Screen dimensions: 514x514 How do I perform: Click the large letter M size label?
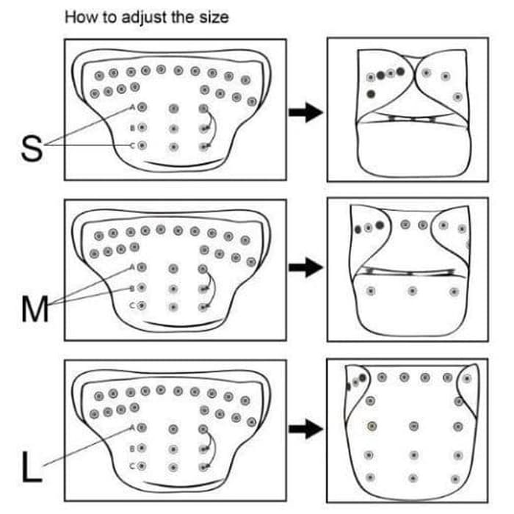click(x=32, y=309)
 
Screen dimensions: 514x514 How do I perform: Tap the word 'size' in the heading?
click(x=213, y=16)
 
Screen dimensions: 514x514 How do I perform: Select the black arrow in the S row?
click(x=305, y=112)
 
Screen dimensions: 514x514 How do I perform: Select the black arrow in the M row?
click(x=305, y=269)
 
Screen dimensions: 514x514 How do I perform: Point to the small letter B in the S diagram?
click(x=133, y=128)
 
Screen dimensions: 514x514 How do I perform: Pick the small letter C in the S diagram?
click(x=133, y=146)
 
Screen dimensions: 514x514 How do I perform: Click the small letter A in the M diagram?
click(x=133, y=267)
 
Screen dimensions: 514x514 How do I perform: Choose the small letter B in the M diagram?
click(x=133, y=288)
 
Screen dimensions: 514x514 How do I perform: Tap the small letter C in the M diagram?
click(x=133, y=305)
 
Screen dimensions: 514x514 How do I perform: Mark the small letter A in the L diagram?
click(x=133, y=427)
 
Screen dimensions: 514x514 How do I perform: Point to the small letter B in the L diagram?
click(x=133, y=447)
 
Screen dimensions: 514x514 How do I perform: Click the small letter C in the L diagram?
click(x=133, y=466)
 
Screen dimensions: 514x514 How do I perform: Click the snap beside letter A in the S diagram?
click(x=142, y=107)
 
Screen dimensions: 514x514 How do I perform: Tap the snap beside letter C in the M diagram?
click(x=142, y=305)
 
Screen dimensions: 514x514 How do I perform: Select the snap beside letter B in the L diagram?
click(x=142, y=447)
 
